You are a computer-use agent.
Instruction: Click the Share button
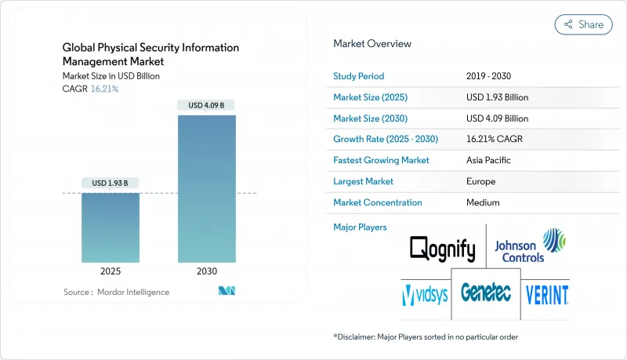point(583,24)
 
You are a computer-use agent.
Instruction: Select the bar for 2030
point(207,188)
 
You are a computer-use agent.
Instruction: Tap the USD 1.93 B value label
point(111,184)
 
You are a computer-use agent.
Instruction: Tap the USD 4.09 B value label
point(207,105)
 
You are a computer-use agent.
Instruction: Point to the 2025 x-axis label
point(111,272)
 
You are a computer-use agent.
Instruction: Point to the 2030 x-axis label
point(207,272)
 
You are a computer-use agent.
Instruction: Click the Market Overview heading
point(371,44)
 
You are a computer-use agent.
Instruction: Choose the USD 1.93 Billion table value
point(497,97)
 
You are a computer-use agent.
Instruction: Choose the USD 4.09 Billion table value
point(497,118)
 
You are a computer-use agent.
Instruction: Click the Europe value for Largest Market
point(479,181)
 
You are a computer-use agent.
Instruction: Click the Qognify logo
point(443,250)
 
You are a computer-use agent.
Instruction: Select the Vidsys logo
point(425,295)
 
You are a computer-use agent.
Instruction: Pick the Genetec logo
point(486,293)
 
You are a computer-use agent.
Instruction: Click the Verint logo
point(547,295)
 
